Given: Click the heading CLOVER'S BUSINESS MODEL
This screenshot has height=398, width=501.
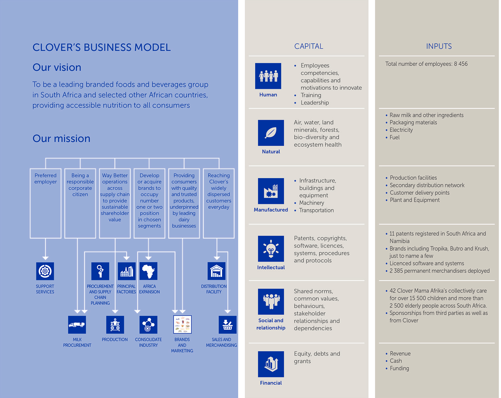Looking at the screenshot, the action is click(x=102, y=47).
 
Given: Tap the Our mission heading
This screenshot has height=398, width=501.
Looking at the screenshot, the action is click(x=61, y=138).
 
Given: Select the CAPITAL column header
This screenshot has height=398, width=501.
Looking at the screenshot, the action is click(x=309, y=46).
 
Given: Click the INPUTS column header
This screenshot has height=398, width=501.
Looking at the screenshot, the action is click(x=439, y=46).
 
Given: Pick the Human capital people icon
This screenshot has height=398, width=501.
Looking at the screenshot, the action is click(x=268, y=76).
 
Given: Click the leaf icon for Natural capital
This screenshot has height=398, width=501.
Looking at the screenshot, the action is click(x=271, y=133).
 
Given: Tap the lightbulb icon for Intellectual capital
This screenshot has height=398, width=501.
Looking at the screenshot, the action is click(x=271, y=249).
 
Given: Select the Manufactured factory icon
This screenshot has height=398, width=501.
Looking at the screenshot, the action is click(x=271, y=191).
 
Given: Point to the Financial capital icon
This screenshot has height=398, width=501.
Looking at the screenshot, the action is click(x=271, y=364).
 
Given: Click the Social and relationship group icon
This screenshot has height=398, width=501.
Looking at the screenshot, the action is click(x=271, y=302).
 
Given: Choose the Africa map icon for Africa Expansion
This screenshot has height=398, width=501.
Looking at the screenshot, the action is click(x=148, y=271).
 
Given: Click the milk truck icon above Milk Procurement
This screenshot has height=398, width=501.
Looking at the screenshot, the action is click(x=77, y=325).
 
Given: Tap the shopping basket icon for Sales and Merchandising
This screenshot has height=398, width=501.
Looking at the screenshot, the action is click(x=227, y=325).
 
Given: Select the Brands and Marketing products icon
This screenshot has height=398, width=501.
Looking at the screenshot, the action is click(x=182, y=325).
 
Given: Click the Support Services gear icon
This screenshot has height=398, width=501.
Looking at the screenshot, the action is click(x=45, y=271).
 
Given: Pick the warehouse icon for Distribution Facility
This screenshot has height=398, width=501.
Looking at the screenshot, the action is click(x=216, y=271).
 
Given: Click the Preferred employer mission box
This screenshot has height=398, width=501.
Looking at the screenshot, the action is click(x=46, y=204).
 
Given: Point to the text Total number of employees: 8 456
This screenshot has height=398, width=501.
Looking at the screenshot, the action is click(x=426, y=64).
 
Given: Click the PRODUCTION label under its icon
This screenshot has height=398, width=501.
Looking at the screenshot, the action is click(x=115, y=340).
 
